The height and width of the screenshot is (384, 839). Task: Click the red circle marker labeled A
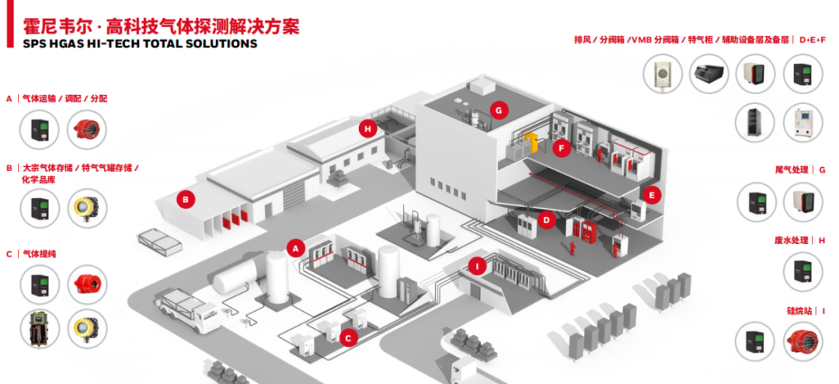pos(294,248)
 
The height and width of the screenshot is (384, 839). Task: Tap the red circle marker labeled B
pos(185,199)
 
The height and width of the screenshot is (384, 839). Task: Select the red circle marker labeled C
pos(349,337)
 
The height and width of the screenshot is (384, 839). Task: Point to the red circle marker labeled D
pos(547,221)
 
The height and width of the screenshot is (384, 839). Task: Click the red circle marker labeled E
pos(652,195)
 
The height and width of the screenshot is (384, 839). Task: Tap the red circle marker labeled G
pos(499,110)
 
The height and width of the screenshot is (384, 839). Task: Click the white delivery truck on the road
pos(187,308)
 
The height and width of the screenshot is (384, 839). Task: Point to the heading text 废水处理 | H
pos(800,240)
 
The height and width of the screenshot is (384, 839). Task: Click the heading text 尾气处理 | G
pos(800,169)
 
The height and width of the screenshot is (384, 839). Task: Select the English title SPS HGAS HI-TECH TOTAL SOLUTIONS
pos(131,44)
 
